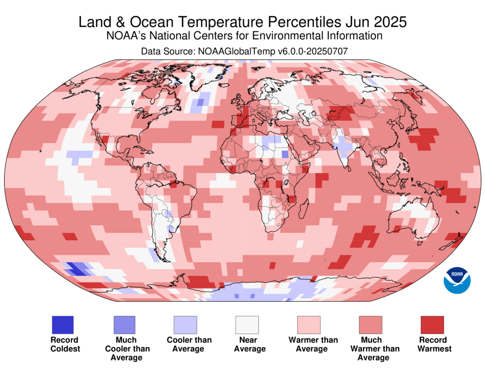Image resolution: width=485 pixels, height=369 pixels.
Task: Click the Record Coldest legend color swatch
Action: coord(62,325)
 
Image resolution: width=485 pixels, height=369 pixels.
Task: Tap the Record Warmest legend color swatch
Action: coord(432,325)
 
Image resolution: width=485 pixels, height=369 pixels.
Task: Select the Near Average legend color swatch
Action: coord(247,325)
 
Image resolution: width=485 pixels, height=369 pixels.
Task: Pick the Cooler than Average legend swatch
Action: coord(185,325)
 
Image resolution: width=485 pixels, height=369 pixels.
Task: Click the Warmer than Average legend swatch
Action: coord(309,325)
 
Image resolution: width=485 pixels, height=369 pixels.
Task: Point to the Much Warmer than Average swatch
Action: coord(370,325)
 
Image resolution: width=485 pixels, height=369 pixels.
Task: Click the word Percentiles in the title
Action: coord(298,22)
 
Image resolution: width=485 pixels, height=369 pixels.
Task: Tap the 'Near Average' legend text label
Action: coord(247,345)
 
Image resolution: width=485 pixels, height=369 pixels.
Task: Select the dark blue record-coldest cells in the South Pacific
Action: coord(76,269)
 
